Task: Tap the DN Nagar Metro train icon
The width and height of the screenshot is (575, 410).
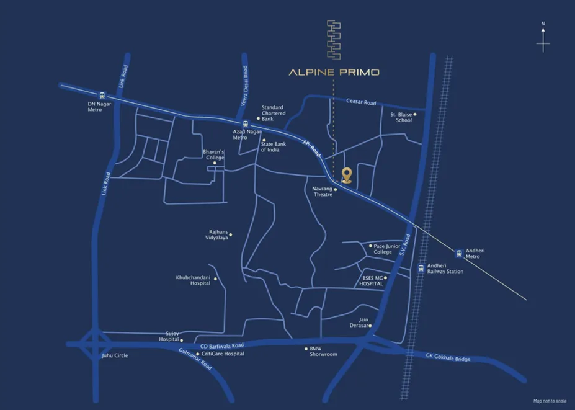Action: [x=102, y=96]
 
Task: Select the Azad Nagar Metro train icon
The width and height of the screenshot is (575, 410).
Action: [x=246, y=123]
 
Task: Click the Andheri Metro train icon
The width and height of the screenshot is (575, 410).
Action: [x=459, y=252]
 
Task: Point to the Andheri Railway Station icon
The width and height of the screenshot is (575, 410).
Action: [x=421, y=268]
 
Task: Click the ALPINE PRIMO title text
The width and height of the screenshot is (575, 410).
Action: [x=334, y=72]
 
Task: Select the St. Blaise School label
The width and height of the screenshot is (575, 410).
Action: [x=401, y=117]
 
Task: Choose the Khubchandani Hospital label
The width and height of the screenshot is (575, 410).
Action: [x=193, y=280]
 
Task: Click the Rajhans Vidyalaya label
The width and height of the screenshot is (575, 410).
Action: [x=218, y=236]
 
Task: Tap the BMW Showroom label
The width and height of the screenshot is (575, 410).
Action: [x=323, y=351]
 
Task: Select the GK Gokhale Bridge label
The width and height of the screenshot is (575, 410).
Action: [x=448, y=358]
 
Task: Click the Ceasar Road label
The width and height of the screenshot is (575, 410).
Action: [x=362, y=102]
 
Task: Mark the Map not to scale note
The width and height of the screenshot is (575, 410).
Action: [x=550, y=401]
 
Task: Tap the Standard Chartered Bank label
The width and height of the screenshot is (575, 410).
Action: [x=274, y=113]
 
